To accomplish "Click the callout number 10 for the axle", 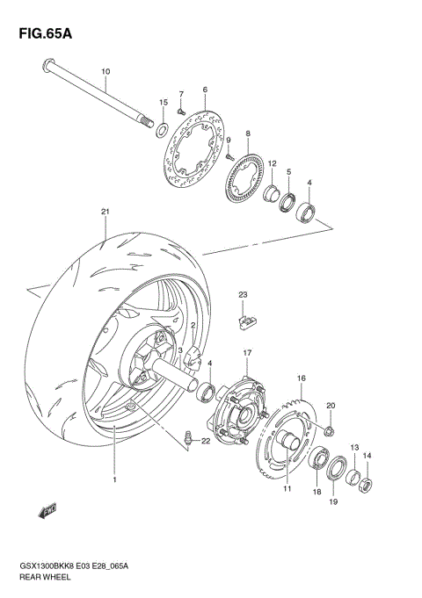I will [x=105, y=70].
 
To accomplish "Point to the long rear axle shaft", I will [x=97, y=94].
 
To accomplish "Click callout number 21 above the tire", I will [x=105, y=212].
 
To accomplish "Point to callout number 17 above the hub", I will [x=247, y=352].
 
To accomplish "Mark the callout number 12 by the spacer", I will [x=273, y=163].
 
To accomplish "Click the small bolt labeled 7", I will [x=178, y=112].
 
